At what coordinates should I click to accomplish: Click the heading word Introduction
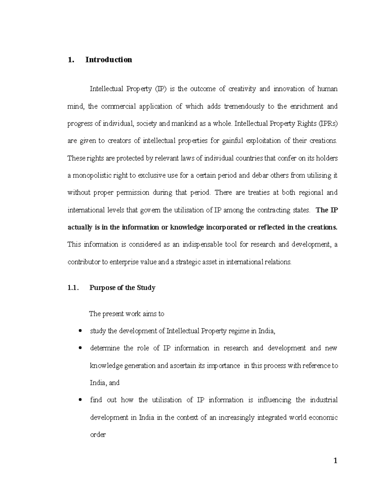click(x=109, y=60)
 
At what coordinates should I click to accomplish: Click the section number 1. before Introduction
click(x=70, y=60)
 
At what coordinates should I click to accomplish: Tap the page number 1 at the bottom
click(x=335, y=461)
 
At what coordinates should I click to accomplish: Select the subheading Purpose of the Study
click(x=122, y=288)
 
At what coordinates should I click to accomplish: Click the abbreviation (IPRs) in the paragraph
click(x=328, y=124)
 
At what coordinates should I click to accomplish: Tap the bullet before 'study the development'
click(x=80, y=331)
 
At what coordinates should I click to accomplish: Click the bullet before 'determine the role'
click(x=80, y=348)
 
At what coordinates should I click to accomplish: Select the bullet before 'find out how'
click(x=80, y=400)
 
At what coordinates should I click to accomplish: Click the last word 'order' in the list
click(x=98, y=435)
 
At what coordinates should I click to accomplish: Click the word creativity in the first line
click(x=242, y=89)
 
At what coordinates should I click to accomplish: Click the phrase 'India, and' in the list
click(x=105, y=383)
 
